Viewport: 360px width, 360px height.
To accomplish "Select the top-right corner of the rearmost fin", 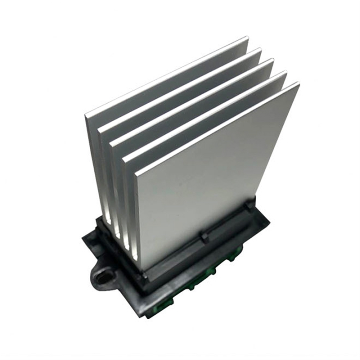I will (x=248, y=37).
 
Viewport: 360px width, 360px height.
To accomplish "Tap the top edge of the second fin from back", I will (x=180, y=87).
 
